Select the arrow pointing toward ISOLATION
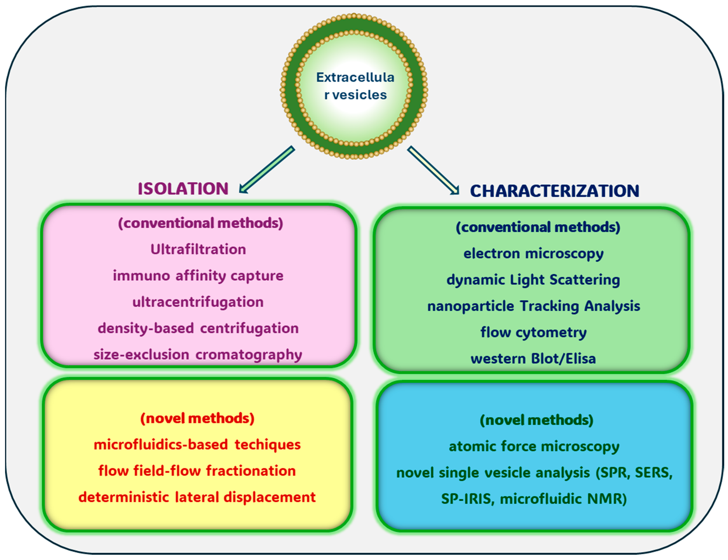267,170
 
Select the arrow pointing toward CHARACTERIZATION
433,170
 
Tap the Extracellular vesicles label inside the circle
355,86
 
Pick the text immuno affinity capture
198,276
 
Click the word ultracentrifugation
198,302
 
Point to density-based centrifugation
198,328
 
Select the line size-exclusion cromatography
198,355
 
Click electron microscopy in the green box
533,254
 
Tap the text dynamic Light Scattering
533,280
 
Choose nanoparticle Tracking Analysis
533,306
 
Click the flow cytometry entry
533,332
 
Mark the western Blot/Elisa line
533,359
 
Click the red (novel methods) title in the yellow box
197,418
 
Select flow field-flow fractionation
197,471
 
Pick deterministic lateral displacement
197,497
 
